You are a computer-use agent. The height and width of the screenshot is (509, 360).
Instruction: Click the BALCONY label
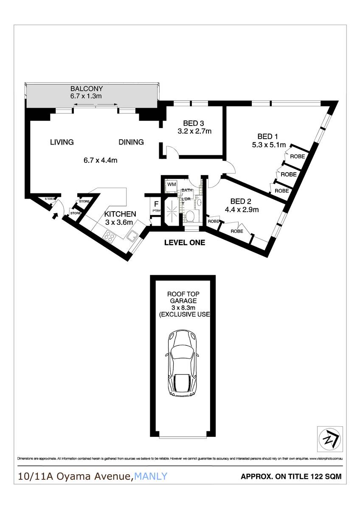[87, 89]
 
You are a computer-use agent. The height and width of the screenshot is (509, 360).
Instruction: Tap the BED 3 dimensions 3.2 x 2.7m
[194, 131]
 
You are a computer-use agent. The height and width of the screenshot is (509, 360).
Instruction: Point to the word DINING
[131, 142]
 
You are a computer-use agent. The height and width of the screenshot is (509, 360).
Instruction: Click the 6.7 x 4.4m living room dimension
[100, 160]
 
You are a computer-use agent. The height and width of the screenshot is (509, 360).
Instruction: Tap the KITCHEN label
[120, 214]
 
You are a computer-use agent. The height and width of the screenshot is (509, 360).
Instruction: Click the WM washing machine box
[172, 185]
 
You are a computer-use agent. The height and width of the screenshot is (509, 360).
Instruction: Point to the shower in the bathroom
[172, 210]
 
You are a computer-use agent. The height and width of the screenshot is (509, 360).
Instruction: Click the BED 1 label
[267, 136]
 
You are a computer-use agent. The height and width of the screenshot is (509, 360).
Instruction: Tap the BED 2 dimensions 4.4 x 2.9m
[242, 209]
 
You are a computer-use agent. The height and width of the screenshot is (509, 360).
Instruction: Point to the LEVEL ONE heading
[185, 243]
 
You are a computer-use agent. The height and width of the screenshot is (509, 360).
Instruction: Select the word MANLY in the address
[151, 477]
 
